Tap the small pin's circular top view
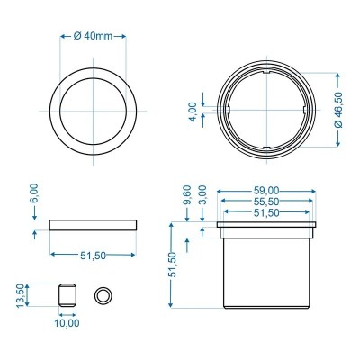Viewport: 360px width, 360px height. [x=103, y=295]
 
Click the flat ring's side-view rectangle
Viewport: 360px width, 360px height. [x=94, y=223]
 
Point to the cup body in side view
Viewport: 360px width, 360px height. [x=268, y=270]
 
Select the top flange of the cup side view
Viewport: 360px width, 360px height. [x=268, y=228]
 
